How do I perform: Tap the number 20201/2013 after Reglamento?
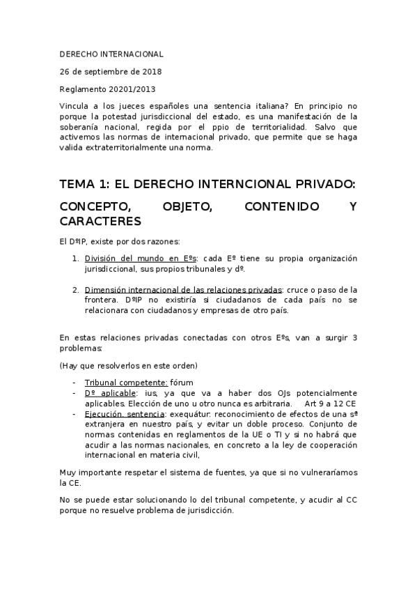131,89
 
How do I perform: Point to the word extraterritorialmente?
126,147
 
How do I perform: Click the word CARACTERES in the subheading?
100,222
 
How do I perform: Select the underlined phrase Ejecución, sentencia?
124,414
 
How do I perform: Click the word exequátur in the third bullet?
189,414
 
